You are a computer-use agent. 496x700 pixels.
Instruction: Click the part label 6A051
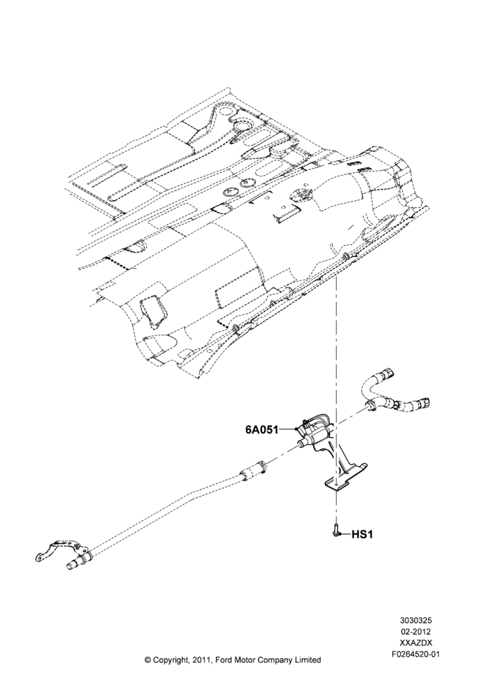[261, 430]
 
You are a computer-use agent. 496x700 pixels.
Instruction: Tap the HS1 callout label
[362, 534]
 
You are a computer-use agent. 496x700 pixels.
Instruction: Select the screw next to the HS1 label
[336, 533]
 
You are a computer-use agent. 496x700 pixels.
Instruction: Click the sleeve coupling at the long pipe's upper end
[253, 470]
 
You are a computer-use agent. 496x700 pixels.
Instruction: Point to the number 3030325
[415, 620]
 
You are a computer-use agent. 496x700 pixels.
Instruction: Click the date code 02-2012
[415, 631]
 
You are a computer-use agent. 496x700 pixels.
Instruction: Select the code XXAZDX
[415, 642]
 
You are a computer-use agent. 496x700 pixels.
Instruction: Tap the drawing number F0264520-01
[415, 652]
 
